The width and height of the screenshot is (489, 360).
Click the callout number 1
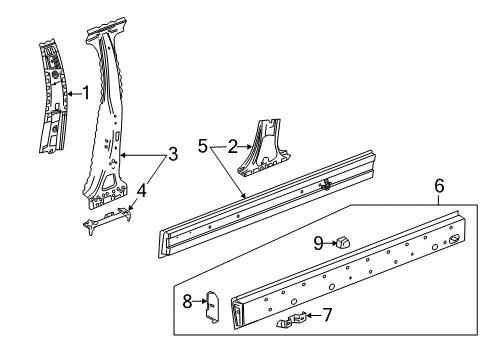(86, 95)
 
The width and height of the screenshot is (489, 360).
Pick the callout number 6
(437, 186)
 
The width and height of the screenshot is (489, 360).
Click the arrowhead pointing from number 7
(308, 316)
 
